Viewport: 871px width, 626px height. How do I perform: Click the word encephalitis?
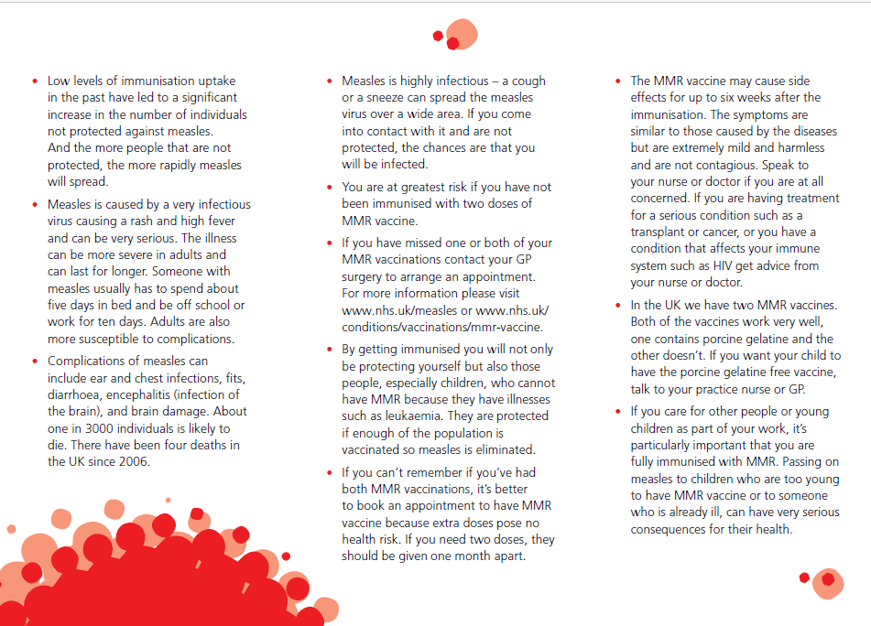pyautogui.click(x=146, y=394)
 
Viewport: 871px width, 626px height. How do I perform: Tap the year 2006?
pyautogui.click(x=132, y=461)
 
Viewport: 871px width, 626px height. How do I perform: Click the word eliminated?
pyautogui.click(x=502, y=449)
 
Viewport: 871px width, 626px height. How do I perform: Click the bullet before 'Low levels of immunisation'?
pyautogui.click(x=34, y=81)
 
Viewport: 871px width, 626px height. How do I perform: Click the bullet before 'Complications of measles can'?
pyautogui.click(x=34, y=362)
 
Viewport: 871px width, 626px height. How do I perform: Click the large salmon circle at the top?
pyautogui.click(x=462, y=34)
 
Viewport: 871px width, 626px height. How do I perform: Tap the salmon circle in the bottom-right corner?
pyautogui.click(x=829, y=581)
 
